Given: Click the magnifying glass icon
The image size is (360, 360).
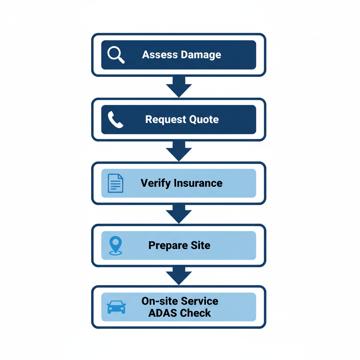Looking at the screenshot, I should click(116, 55).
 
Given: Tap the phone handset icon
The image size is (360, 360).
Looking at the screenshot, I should click(115, 120).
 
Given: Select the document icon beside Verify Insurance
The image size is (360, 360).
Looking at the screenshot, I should click(115, 183).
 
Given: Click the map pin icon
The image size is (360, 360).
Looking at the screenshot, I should click(115, 245).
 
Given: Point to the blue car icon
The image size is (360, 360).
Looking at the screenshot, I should click(116, 307).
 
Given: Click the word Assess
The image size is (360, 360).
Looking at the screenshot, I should click(160, 55).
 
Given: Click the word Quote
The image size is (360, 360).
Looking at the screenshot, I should click(204, 120).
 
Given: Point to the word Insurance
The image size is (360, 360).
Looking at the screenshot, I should click(198, 183).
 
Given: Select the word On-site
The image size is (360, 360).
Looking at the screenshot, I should click(160, 301).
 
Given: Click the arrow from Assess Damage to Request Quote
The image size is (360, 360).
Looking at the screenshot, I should click(179, 87).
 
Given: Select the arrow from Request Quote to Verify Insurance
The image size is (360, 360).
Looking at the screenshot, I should click(179, 151).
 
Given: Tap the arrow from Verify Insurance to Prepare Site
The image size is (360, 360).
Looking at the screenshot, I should click(179, 214).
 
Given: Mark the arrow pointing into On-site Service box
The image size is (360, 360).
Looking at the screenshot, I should click(179, 276).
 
